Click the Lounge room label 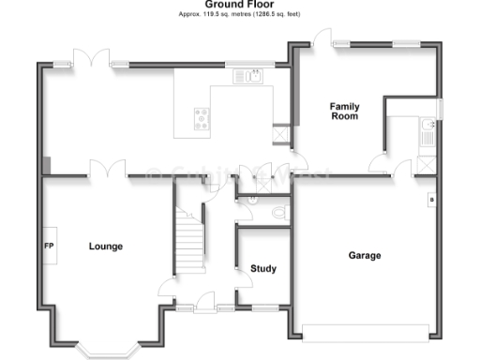[x=106, y=247]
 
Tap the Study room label [x=263, y=269]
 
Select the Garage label [x=365, y=255]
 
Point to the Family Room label [x=344, y=112]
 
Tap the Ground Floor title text [x=240, y=4]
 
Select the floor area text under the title [x=240, y=15]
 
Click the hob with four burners [x=202, y=117]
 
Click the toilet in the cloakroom [x=278, y=214]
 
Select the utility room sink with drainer [x=427, y=129]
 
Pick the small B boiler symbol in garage [x=430, y=199]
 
